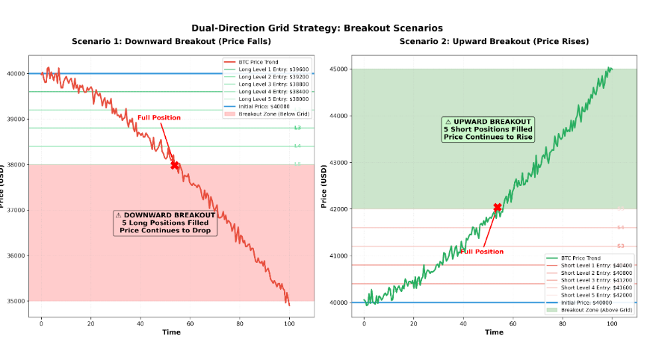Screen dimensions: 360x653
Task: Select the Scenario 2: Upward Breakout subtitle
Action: tap(494, 41)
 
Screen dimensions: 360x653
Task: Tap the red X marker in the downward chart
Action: tap(175, 165)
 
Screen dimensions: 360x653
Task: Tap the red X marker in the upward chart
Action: tap(498, 207)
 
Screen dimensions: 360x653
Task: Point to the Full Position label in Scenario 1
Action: tap(158, 117)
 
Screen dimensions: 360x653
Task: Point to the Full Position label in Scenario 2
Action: tap(481, 252)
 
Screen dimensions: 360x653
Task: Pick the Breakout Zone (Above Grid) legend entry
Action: tap(596, 309)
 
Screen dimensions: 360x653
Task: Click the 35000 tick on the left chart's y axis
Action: tap(15, 301)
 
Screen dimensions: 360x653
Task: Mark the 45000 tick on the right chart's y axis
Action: tap(338, 69)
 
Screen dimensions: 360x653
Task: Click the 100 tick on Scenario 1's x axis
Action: tap(289, 323)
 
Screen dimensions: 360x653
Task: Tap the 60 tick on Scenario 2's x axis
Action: tap(513, 323)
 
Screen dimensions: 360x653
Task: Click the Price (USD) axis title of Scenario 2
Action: tap(324, 185)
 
